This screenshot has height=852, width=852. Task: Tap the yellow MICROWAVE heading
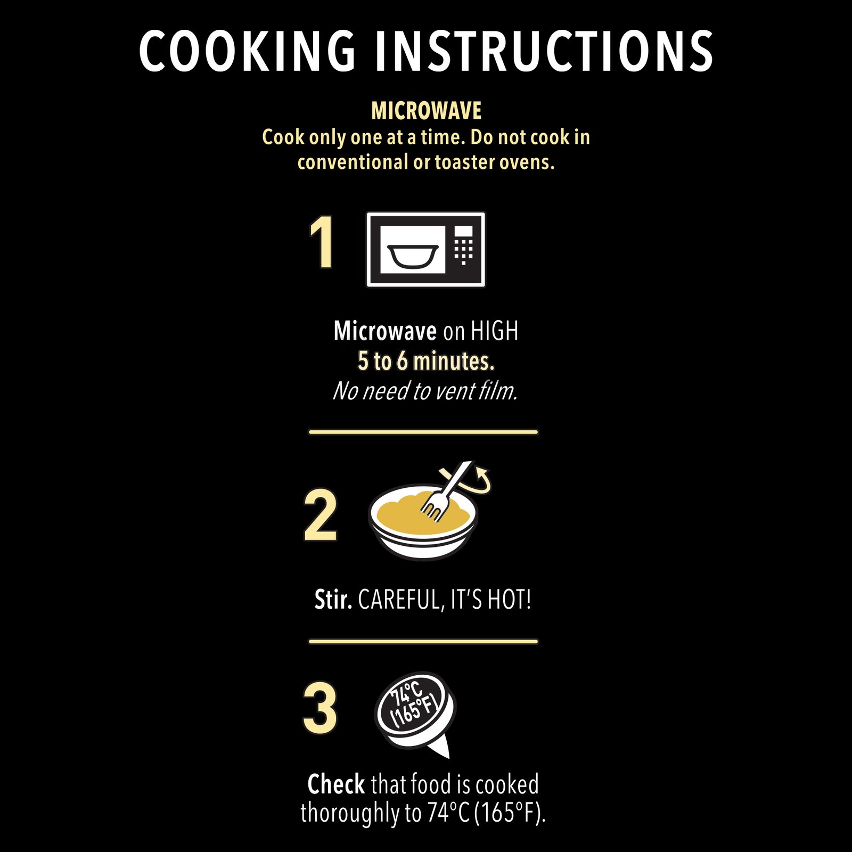click(426, 111)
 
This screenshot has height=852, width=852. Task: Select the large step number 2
click(321, 515)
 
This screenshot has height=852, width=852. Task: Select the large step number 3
click(320, 707)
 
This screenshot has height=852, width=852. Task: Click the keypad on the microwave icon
click(463, 245)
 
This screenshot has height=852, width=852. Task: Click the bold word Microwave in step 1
click(385, 331)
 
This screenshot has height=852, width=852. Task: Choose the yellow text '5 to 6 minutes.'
click(426, 361)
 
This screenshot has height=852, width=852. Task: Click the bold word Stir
click(333, 600)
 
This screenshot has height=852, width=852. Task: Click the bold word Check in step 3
click(336, 784)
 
